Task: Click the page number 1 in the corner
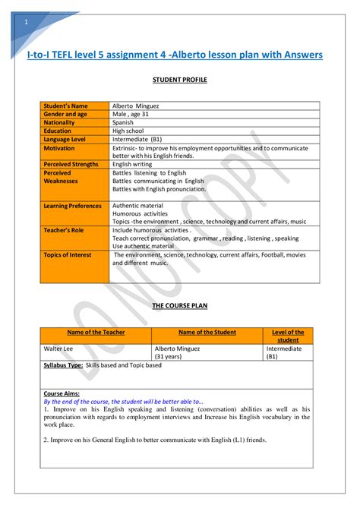click(26, 21)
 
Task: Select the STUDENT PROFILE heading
click(180, 79)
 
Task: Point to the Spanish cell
click(123, 122)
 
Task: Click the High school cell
click(128, 131)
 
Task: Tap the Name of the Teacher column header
click(96, 332)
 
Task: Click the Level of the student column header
click(288, 336)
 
